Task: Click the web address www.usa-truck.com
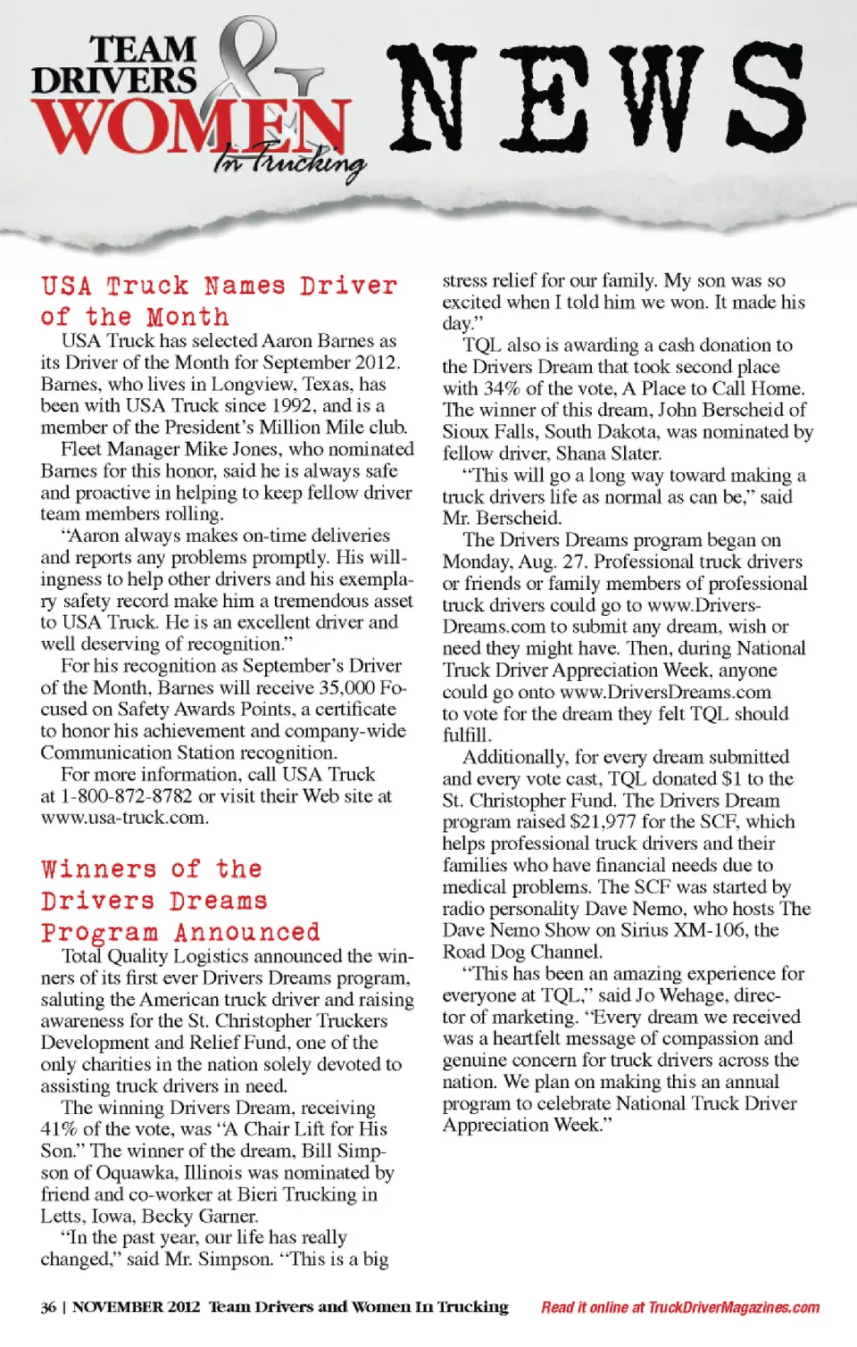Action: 123,818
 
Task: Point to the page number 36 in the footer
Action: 48,1308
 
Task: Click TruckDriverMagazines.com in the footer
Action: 733,1308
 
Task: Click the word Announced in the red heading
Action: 247,933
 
